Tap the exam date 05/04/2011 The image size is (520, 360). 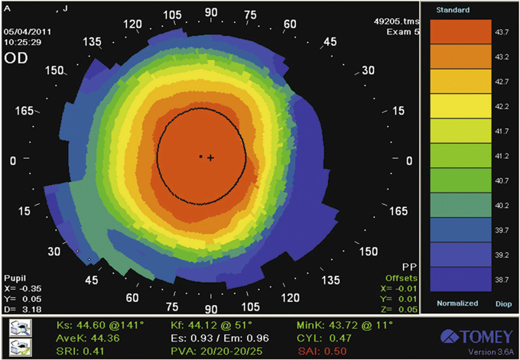[x=24, y=31]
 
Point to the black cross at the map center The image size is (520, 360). [x=210, y=157]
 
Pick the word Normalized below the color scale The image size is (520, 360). [x=457, y=303]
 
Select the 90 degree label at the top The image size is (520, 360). [x=211, y=13]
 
